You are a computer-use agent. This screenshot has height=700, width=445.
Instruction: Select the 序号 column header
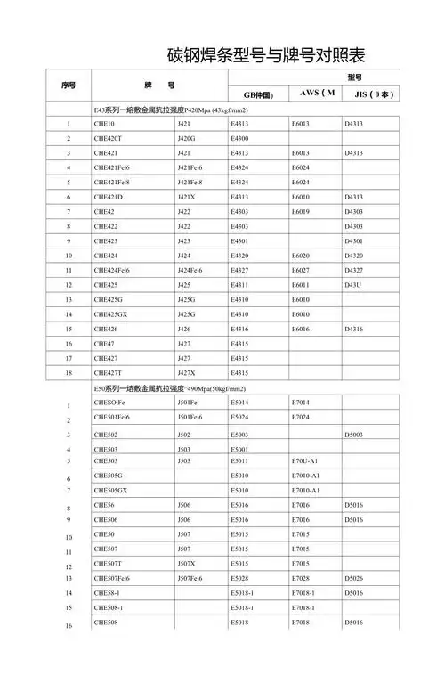point(69,85)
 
